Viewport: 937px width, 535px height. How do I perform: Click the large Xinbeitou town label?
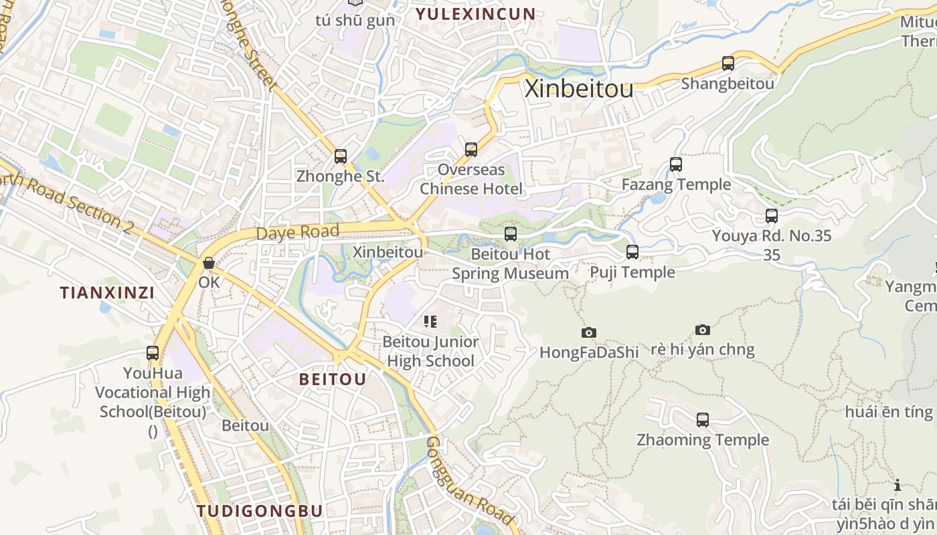point(579,88)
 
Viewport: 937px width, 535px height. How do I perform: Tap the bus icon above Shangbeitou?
point(728,64)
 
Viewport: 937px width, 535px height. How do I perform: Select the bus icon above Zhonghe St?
point(341,156)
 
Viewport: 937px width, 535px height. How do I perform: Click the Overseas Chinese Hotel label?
point(471,179)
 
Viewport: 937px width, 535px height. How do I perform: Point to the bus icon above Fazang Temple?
point(676,165)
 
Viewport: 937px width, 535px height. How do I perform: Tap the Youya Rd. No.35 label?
point(772,236)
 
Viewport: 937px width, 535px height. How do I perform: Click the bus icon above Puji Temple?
point(632,252)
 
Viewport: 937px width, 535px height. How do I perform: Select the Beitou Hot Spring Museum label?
point(510,264)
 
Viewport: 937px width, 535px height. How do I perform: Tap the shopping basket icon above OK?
point(209,263)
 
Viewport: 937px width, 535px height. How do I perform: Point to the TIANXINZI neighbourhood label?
point(107,293)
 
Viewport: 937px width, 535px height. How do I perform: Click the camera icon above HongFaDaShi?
point(589,332)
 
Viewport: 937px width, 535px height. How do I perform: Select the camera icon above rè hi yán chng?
point(702,330)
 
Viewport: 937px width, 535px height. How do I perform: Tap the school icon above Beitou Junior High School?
point(430,322)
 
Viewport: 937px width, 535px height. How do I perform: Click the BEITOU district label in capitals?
point(333,380)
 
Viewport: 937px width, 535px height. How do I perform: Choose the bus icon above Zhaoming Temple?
point(703,420)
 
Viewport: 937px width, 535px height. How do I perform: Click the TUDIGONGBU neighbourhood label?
point(260,512)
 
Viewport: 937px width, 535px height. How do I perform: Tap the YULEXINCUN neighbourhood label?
point(476,14)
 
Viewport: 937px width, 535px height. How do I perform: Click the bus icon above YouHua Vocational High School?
point(153,352)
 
